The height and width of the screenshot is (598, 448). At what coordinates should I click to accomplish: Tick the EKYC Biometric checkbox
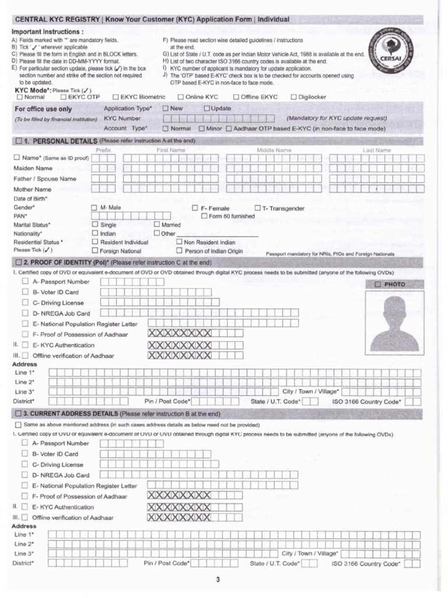(116, 97)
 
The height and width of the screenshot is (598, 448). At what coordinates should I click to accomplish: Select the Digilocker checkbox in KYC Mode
(294, 97)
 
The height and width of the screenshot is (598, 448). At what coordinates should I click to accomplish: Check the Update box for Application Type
(206, 109)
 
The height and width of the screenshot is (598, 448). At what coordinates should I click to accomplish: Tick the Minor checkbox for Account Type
(202, 128)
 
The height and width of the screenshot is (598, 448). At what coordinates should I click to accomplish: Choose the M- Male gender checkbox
(95, 208)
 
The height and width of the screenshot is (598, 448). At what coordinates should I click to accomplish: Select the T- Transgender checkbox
(258, 208)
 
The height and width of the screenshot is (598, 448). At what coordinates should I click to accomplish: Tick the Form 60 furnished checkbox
(204, 216)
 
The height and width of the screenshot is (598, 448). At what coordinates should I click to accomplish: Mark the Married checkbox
(157, 225)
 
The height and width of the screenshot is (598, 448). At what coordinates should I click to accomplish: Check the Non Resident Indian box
(180, 242)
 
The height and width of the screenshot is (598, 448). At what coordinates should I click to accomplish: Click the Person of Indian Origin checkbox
(180, 251)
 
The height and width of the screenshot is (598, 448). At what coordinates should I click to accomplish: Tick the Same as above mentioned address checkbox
(18, 425)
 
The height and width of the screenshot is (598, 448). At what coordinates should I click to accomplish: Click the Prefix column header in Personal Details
(103, 150)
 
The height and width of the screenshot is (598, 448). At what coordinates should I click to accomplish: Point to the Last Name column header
(376, 150)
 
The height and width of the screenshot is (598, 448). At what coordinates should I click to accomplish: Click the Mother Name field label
(33, 189)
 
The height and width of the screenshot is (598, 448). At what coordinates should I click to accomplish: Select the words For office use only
(43, 109)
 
